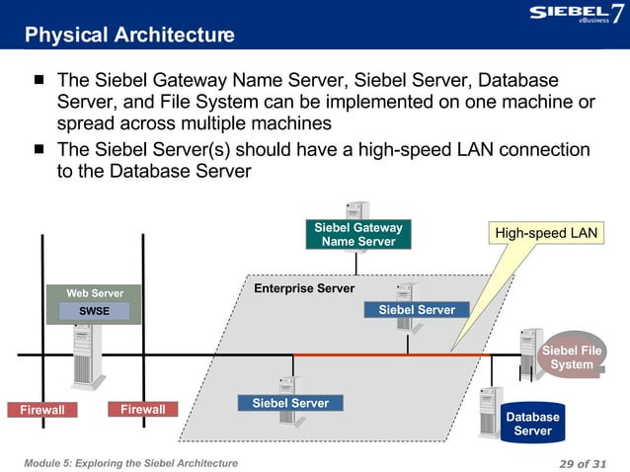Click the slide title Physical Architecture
tap(129, 37)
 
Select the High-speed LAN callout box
tap(546, 233)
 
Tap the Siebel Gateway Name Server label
tap(357, 235)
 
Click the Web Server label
tap(95, 293)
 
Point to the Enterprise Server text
tap(304, 289)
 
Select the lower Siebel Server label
tap(290, 403)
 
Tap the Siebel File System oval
tap(572, 356)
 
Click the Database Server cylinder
tap(532, 424)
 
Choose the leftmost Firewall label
tap(36, 410)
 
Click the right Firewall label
tap(142, 409)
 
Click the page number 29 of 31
tap(582, 463)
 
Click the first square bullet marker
tap(39, 80)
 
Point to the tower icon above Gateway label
tap(356, 211)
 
